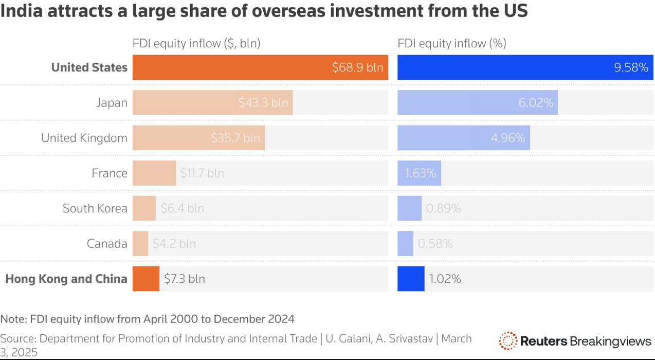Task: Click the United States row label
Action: pos(89,67)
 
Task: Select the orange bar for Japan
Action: pos(212,103)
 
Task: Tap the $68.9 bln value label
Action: pos(357,67)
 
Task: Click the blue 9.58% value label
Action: pos(631,67)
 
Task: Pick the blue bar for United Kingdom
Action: pos(464,138)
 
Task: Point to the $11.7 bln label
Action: pos(202,173)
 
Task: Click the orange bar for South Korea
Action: pos(144,208)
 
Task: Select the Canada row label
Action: pos(107,244)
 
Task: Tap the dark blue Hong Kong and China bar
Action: pos(411,279)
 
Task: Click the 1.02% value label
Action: pos(445,279)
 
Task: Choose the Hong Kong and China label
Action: pos(66,279)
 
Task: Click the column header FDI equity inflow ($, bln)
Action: pos(196,44)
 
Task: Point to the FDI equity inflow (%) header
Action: pos(452,44)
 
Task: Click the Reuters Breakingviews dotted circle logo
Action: pos(508,340)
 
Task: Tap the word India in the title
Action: pos(22,11)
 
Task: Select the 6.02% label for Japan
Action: pos(536,103)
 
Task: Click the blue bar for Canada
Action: pos(405,244)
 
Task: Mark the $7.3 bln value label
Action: pos(185,279)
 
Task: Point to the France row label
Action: pos(110,173)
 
